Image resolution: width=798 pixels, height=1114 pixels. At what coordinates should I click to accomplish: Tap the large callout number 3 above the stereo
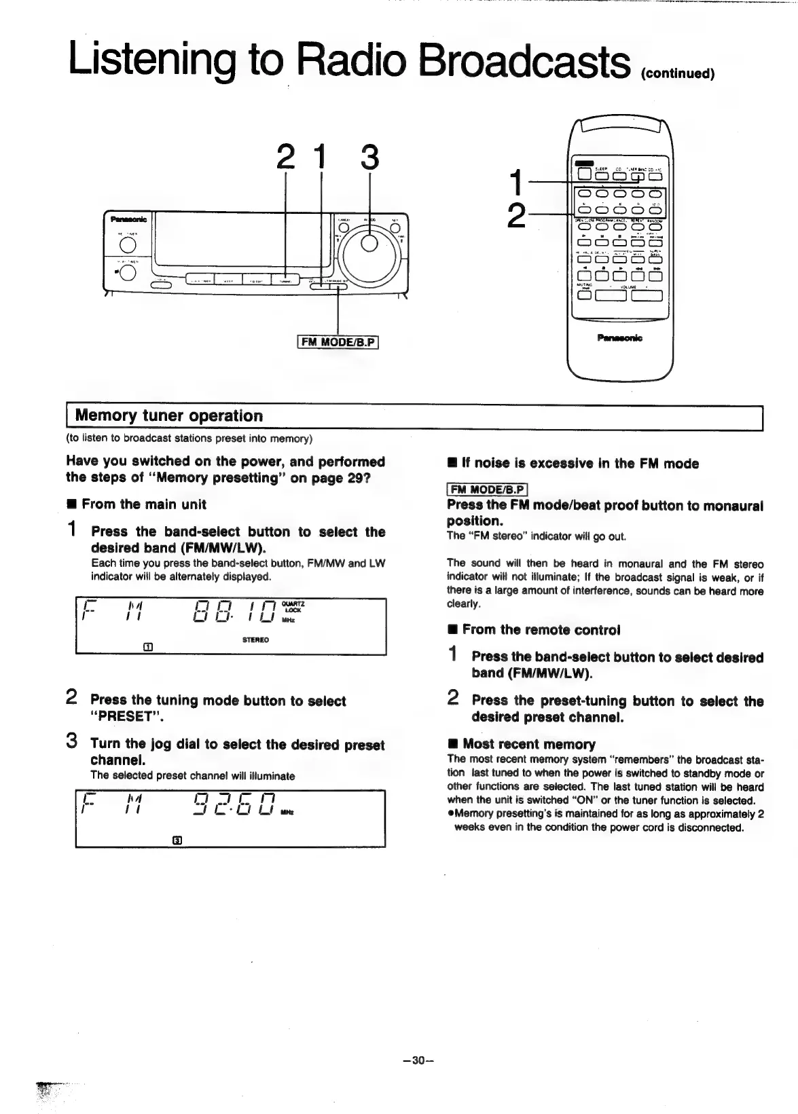click(x=369, y=157)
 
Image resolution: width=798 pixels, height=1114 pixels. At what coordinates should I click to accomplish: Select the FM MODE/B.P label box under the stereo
click(x=338, y=341)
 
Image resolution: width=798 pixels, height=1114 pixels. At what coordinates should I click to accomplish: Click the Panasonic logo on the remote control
click(x=619, y=337)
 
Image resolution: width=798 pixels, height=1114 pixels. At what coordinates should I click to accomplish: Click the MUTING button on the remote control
click(x=583, y=295)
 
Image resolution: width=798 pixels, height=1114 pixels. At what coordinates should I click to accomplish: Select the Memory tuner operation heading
click(x=168, y=415)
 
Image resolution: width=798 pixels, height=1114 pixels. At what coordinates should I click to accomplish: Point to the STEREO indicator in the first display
click(x=255, y=639)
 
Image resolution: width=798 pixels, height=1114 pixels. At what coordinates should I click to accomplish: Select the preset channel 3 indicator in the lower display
click(x=177, y=840)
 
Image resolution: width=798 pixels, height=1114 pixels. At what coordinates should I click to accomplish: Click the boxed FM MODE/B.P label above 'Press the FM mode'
click(x=487, y=489)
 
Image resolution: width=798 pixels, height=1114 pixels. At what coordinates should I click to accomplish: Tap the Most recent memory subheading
click(x=528, y=744)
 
